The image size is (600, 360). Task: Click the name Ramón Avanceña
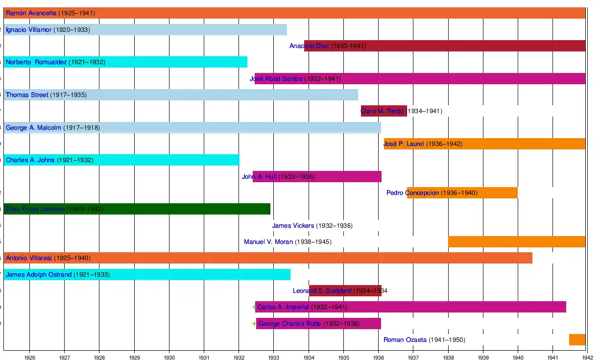point(31,13)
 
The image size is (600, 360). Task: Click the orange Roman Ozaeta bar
point(577,339)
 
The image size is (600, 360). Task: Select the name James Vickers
point(293,226)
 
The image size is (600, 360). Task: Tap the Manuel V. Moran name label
point(268,242)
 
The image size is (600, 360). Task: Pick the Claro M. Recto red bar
point(384,111)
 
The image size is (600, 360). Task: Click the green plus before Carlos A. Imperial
point(254,307)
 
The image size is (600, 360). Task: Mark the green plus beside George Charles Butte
point(254,323)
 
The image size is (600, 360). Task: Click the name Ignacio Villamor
point(28,30)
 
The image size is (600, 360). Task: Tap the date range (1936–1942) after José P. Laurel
point(444,144)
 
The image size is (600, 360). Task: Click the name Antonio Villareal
point(29,258)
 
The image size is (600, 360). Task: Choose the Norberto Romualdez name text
point(36,62)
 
